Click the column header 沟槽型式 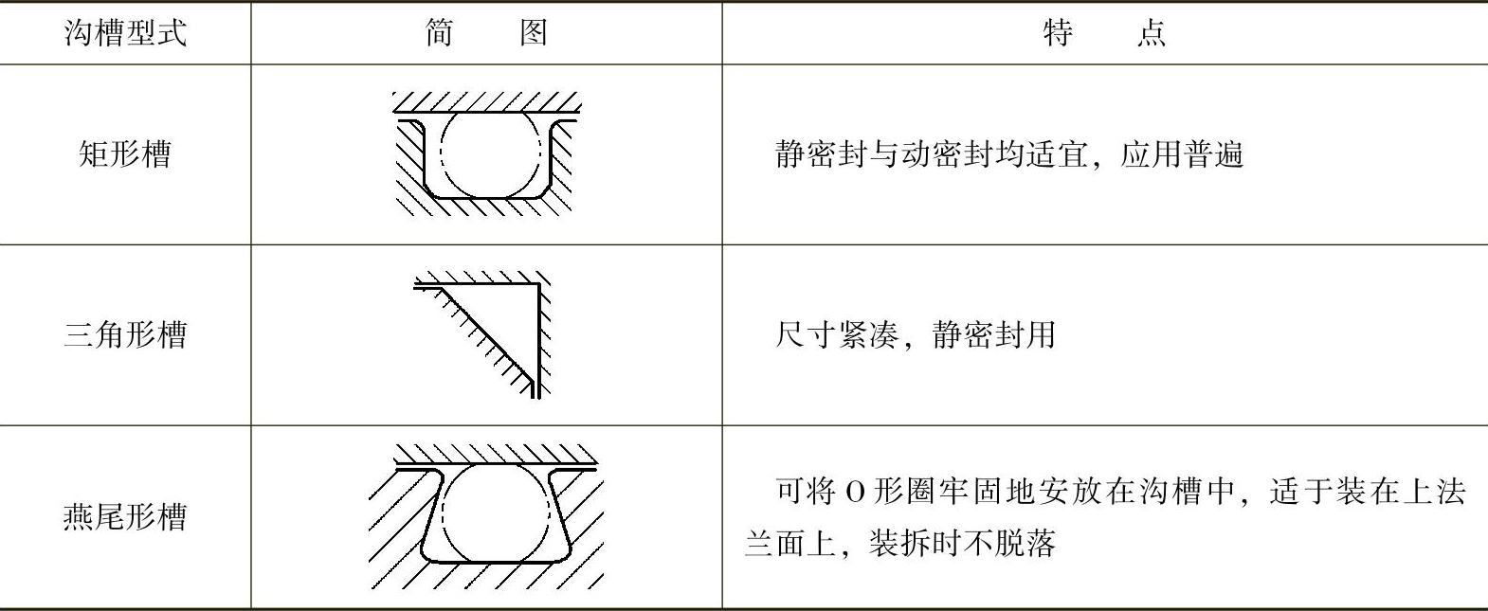[x=125, y=34]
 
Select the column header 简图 [x=485, y=34]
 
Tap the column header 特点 [x=1103, y=34]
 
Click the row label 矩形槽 [x=125, y=153]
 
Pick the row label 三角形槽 [x=125, y=334]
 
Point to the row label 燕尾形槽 [x=125, y=517]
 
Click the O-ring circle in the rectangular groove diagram [x=491, y=154]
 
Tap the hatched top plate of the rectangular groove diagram [x=486, y=101]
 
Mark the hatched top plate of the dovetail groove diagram [x=495, y=455]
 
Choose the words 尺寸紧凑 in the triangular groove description [x=835, y=334]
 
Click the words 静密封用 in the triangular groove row [x=993, y=334]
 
